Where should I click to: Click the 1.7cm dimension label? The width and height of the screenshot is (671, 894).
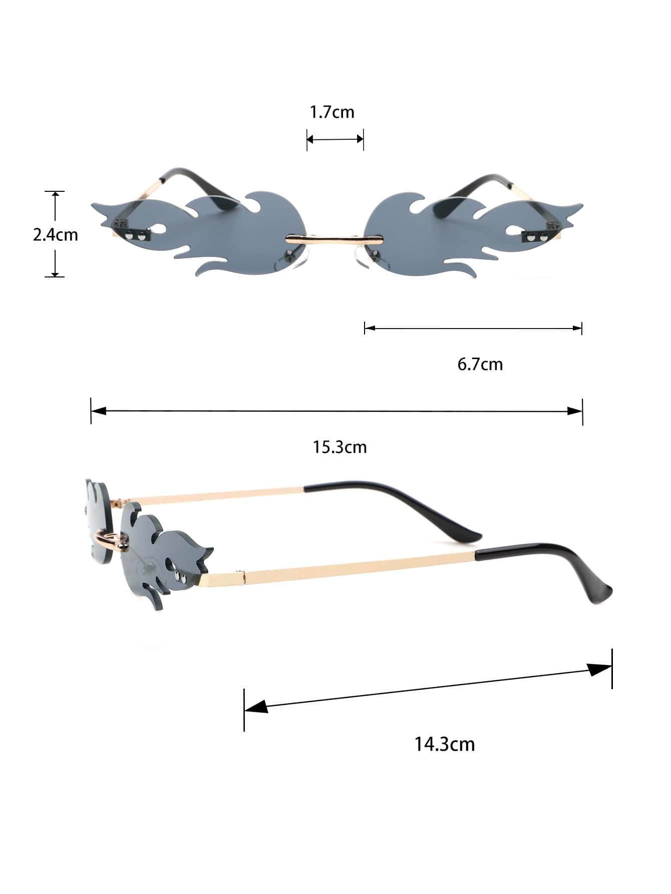tap(332, 112)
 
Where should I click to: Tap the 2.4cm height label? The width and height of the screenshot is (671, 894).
tap(56, 234)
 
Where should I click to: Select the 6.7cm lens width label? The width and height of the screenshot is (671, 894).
tap(480, 364)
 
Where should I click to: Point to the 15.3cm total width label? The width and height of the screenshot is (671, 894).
tap(340, 446)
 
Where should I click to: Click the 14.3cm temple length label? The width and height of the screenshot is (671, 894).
tap(445, 744)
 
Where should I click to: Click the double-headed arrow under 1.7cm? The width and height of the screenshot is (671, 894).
tap(335, 139)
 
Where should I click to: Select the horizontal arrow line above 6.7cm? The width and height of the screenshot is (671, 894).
tap(473, 329)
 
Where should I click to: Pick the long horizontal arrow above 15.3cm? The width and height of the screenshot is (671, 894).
tap(337, 411)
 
